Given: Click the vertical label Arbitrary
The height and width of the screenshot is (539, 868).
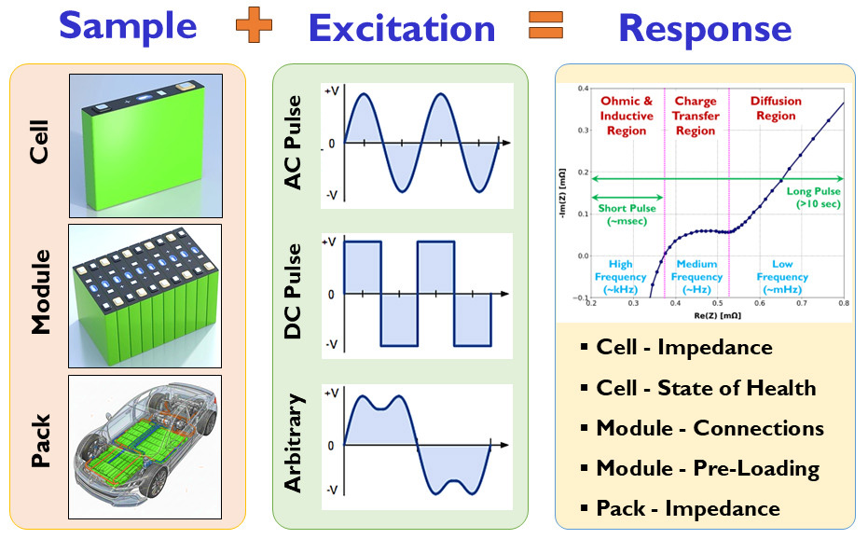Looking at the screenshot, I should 294,443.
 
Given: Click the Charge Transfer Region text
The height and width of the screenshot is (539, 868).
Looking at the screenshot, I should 696,116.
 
